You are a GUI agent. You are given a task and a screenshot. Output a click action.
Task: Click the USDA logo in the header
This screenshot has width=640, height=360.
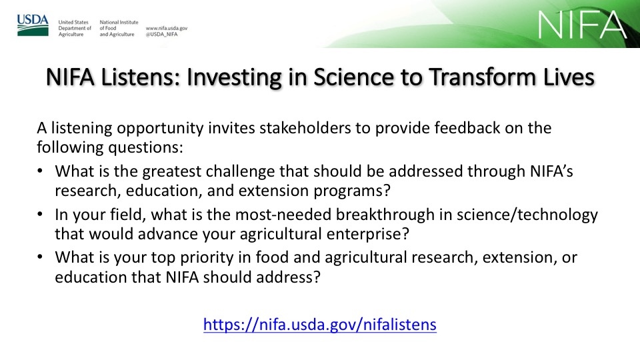[33, 25]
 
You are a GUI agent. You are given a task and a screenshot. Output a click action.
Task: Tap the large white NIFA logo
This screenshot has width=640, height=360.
[582, 25]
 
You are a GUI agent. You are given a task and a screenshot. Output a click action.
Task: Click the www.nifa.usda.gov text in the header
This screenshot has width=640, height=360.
[167, 28]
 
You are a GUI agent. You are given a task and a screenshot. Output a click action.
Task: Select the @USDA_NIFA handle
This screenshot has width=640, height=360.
[161, 34]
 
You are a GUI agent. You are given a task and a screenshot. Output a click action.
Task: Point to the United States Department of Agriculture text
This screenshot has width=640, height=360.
[75, 28]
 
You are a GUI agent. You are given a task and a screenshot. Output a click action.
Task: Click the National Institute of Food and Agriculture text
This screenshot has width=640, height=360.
[119, 28]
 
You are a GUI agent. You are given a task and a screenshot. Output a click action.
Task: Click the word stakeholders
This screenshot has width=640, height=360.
[305, 128]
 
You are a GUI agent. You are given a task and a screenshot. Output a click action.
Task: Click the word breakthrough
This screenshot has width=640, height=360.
[385, 215]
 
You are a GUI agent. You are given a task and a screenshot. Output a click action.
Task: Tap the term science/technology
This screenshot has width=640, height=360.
[527, 215]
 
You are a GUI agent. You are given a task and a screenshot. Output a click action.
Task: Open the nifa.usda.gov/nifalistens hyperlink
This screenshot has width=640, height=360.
[320, 325]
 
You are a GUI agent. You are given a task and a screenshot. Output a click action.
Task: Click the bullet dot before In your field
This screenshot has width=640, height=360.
[40, 214]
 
